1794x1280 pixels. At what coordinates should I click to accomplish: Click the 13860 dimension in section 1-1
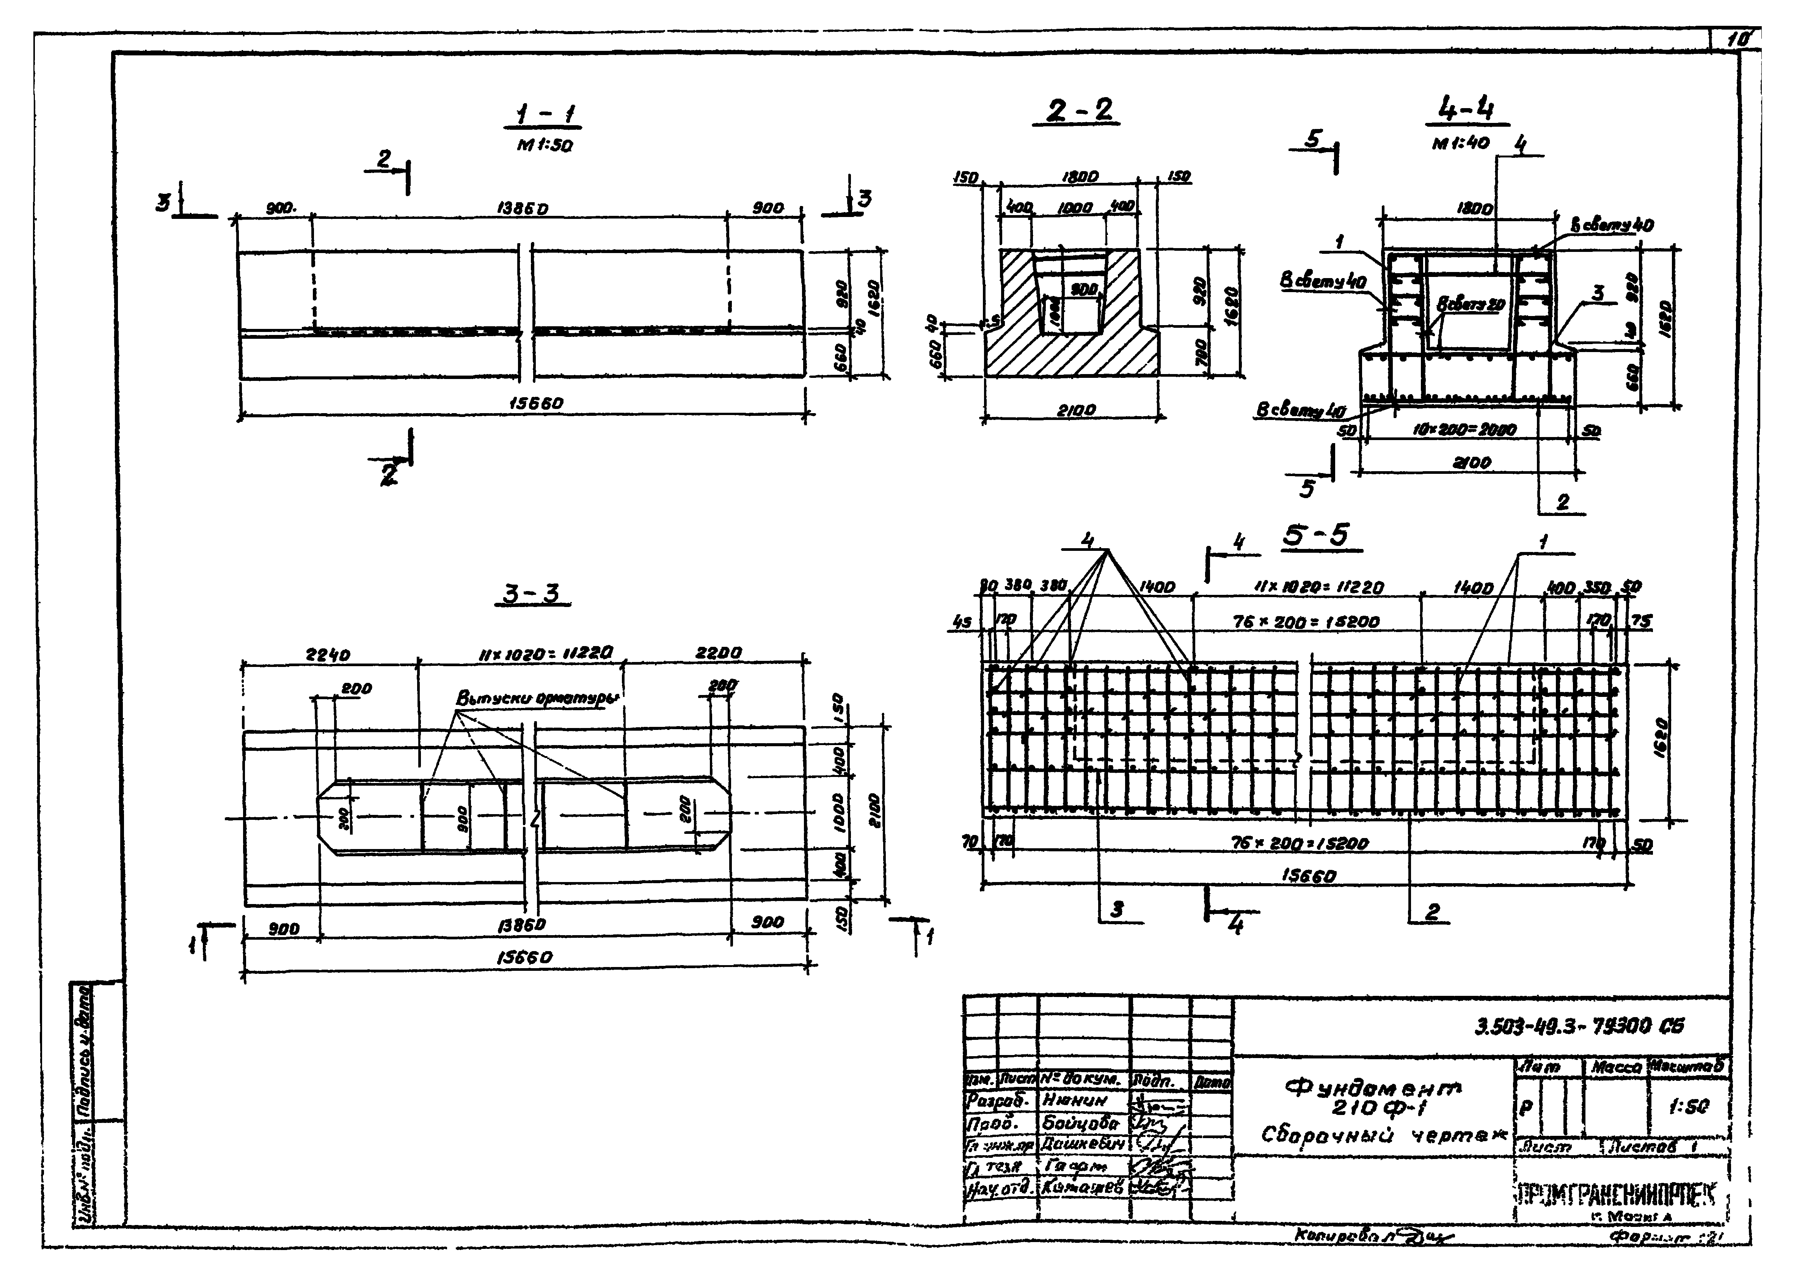pyautogui.click(x=523, y=210)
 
